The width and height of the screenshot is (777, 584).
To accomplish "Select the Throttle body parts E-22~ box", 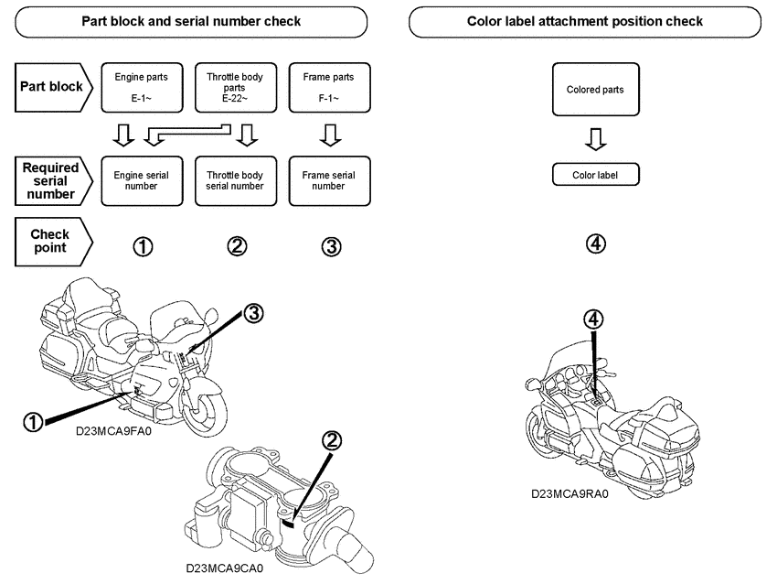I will coord(235,88).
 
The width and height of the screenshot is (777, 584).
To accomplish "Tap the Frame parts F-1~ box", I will coord(328,88).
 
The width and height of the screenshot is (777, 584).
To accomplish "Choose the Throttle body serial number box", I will coord(235,180).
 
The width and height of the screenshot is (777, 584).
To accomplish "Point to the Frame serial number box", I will coord(328,180).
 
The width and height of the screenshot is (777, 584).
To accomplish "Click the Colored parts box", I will coord(595,90).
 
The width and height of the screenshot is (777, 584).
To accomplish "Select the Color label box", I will coord(595,175).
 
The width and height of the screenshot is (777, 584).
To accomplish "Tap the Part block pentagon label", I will coord(51,87).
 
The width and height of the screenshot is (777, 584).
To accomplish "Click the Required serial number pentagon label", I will coord(51,180).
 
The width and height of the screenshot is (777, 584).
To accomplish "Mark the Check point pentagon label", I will coord(51,241).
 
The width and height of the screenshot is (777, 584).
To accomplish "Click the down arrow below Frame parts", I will coord(331,136).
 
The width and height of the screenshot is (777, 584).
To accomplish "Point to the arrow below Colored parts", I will coord(595,139).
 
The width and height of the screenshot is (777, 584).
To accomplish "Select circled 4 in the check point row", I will coord(595,244).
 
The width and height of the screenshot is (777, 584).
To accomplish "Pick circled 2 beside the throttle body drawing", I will coord(333,440).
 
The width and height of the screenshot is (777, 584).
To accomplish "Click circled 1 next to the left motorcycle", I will coord(33,421).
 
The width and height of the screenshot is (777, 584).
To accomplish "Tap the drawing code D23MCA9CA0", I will coord(224,568).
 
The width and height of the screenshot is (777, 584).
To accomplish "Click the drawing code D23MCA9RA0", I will coord(569,493).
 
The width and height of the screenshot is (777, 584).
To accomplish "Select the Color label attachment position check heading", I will coord(585,21).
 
